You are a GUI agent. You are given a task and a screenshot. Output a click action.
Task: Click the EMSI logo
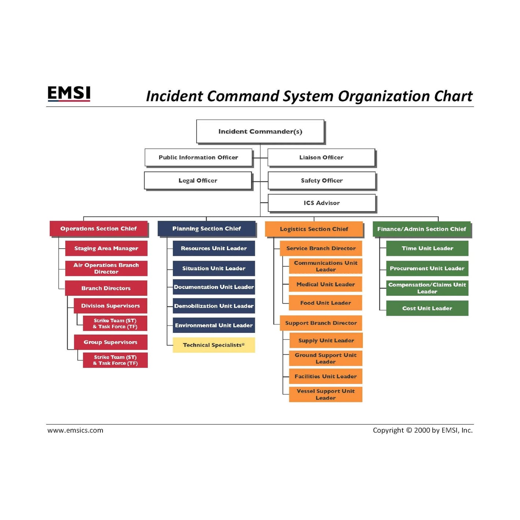click(69, 93)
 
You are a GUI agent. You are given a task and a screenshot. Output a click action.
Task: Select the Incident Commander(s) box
click(260, 131)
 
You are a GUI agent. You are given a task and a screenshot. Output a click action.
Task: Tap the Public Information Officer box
click(198, 157)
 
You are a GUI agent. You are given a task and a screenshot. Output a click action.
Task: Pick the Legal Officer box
click(198, 181)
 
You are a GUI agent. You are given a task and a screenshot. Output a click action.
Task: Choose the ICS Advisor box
click(322, 203)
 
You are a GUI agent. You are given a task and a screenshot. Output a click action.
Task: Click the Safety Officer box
click(322, 181)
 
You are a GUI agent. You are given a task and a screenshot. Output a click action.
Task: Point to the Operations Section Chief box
click(99, 229)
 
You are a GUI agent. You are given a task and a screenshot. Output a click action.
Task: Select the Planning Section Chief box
click(207, 229)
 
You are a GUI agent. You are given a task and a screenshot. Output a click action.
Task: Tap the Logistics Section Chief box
click(314, 229)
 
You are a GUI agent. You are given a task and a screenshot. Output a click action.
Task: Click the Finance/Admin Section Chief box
click(421, 229)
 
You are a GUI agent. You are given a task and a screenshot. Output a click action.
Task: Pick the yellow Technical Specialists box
click(213, 345)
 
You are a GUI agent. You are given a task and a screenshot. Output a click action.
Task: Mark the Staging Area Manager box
click(106, 248)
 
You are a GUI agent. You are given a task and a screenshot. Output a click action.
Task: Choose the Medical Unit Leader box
click(326, 284)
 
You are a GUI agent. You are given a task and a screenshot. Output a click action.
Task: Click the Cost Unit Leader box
click(427, 308)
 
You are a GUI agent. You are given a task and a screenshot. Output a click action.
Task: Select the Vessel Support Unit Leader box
click(326, 394)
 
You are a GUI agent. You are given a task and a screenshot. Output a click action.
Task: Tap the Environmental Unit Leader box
click(213, 325)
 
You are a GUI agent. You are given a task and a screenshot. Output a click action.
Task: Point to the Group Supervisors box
click(110, 342)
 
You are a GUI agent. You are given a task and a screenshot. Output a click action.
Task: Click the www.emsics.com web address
click(75, 430)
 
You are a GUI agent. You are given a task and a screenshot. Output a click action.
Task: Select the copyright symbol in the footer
click(409, 430)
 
